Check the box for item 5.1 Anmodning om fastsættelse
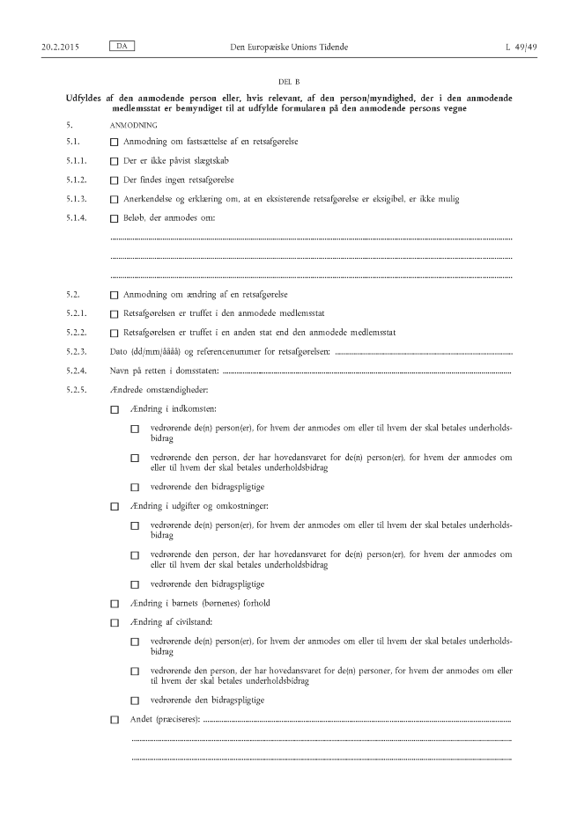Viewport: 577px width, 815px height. point(114,142)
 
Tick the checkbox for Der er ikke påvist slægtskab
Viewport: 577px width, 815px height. point(114,161)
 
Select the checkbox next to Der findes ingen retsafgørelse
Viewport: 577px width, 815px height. point(114,180)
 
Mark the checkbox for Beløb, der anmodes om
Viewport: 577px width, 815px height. point(114,218)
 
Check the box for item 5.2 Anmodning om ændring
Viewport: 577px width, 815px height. point(114,295)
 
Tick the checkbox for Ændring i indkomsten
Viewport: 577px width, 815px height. point(114,409)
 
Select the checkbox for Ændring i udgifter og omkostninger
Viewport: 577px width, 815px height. point(114,507)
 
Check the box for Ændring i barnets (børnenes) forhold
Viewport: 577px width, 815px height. point(114,604)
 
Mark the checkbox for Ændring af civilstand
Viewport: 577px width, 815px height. point(114,623)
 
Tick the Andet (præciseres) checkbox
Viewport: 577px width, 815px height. point(114,720)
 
